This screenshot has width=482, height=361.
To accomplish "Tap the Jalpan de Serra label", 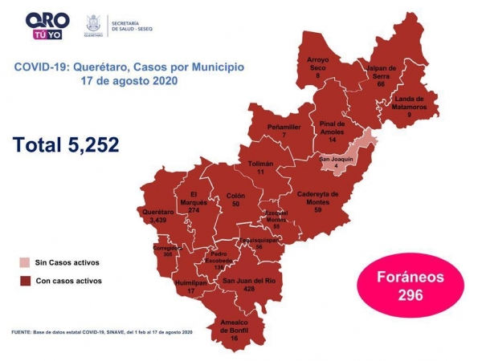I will pyautogui.click(x=381, y=75).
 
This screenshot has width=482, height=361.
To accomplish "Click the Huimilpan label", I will pyautogui.click(x=190, y=286).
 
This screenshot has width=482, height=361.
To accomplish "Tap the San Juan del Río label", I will pyautogui.click(x=249, y=285).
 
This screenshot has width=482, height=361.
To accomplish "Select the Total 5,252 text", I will pyautogui.click(x=66, y=144).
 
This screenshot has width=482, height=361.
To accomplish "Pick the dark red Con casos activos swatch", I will pyautogui.click(x=27, y=281).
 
